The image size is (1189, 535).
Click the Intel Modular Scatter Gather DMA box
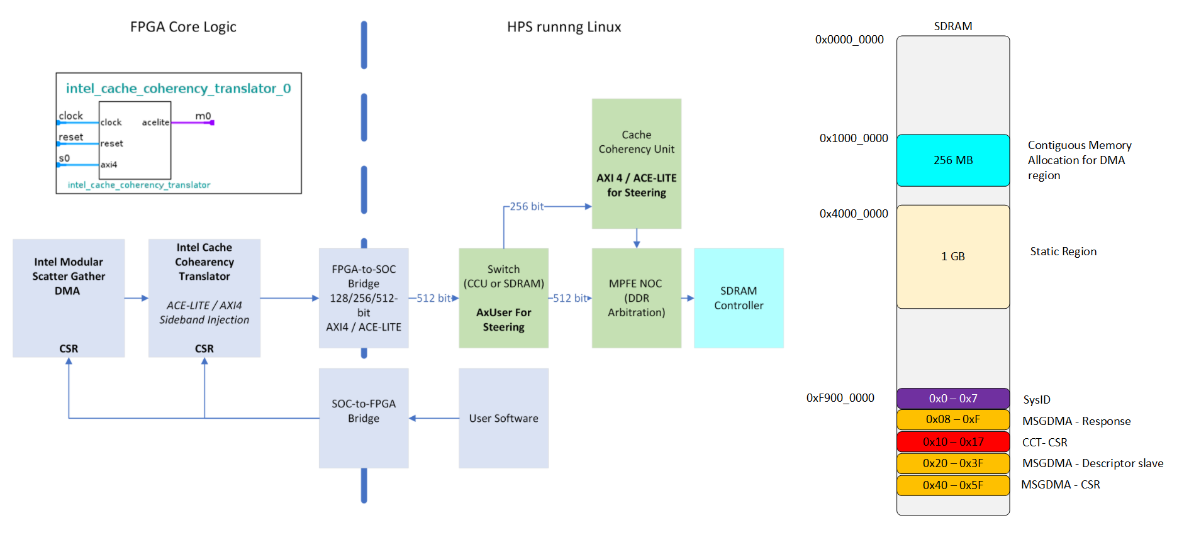click(x=69, y=298)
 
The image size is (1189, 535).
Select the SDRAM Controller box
click(x=739, y=298)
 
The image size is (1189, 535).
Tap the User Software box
click(x=503, y=418)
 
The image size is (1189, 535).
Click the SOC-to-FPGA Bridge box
click(x=364, y=418)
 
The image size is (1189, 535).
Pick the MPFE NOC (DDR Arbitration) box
click(x=636, y=298)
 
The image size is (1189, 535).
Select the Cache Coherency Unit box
click(x=636, y=163)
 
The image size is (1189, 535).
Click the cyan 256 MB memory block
click(x=952, y=160)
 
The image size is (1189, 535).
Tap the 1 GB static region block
click(x=952, y=256)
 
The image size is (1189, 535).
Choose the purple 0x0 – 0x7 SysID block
click(x=952, y=399)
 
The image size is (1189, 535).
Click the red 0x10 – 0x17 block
click(x=952, y=442)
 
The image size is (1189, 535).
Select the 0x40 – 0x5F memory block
click(x=952, y=485)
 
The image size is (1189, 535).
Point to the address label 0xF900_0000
click(x=840, y=398)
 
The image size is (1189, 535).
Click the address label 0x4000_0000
click(x=854, y=214)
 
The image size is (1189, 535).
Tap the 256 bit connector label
click(x=527, y=206)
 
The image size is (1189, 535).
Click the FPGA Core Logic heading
click(x=183, y=27)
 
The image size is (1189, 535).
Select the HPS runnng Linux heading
click(x=564, y=27)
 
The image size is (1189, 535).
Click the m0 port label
click(x=203, y=116)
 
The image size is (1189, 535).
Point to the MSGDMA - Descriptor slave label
click(x=1093, y=463)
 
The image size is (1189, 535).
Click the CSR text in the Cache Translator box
click(x=204, y=348)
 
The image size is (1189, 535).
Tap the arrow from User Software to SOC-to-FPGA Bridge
click(x=434, y=418)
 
